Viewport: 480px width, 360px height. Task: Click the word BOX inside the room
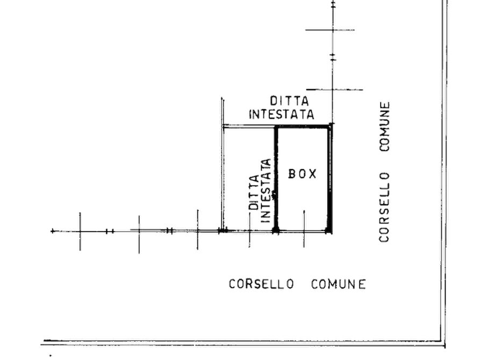(x=303, y=174)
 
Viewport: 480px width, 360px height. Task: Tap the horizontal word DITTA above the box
(x=289, y=100)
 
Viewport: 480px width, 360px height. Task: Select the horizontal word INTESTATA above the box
(x=282, y=114)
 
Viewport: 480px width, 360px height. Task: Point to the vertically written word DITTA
(x=254, y=192)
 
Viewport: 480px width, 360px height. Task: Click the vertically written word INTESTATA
(x=266, y=191)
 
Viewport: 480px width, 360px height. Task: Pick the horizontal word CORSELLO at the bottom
(x=261, y=284)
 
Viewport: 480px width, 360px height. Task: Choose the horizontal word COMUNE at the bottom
(x=338, y=284)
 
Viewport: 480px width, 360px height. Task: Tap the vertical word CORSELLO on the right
(x=384, y=207)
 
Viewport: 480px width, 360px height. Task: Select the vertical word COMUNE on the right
(x=384, y=126)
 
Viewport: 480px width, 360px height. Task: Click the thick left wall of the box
(x=276, y=179)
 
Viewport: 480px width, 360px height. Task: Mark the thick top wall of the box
(x=303, y=126)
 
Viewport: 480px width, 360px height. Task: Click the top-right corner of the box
(x=331, y=125)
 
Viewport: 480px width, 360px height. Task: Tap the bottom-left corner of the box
(x=276, y=231)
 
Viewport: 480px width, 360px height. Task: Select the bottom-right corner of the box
(x=330, y=231)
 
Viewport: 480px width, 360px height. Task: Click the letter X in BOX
(x=313, y=174)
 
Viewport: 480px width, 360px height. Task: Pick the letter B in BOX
(x=292, y=174)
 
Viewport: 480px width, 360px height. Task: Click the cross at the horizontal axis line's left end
(x=53, y=231)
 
